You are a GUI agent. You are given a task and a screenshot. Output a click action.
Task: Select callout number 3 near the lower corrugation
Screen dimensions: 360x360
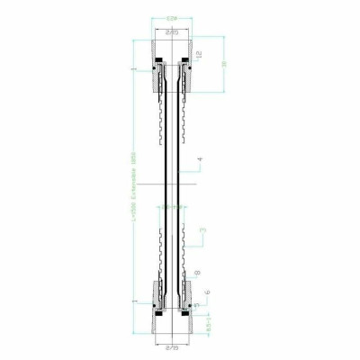tap(203, 232)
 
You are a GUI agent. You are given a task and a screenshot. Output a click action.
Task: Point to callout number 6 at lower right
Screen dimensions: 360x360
tap(208, 292)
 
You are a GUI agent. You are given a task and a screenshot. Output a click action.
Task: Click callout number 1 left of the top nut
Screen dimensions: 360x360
tap(133, 68)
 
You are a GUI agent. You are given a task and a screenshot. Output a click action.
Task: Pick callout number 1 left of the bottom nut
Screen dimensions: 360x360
tap(133, 301)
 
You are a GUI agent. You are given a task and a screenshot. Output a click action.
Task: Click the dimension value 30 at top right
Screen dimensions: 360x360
tap(221, 64)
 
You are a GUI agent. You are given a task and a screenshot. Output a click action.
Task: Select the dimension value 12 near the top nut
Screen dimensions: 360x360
tap(198, 54)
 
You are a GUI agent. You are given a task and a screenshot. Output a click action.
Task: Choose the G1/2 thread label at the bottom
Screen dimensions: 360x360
tap(171, 344)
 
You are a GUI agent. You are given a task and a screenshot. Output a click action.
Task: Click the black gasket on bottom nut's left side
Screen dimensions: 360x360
tap(157, 306)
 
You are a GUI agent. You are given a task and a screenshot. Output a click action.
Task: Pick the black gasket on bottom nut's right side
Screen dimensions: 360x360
tap(184, 306)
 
